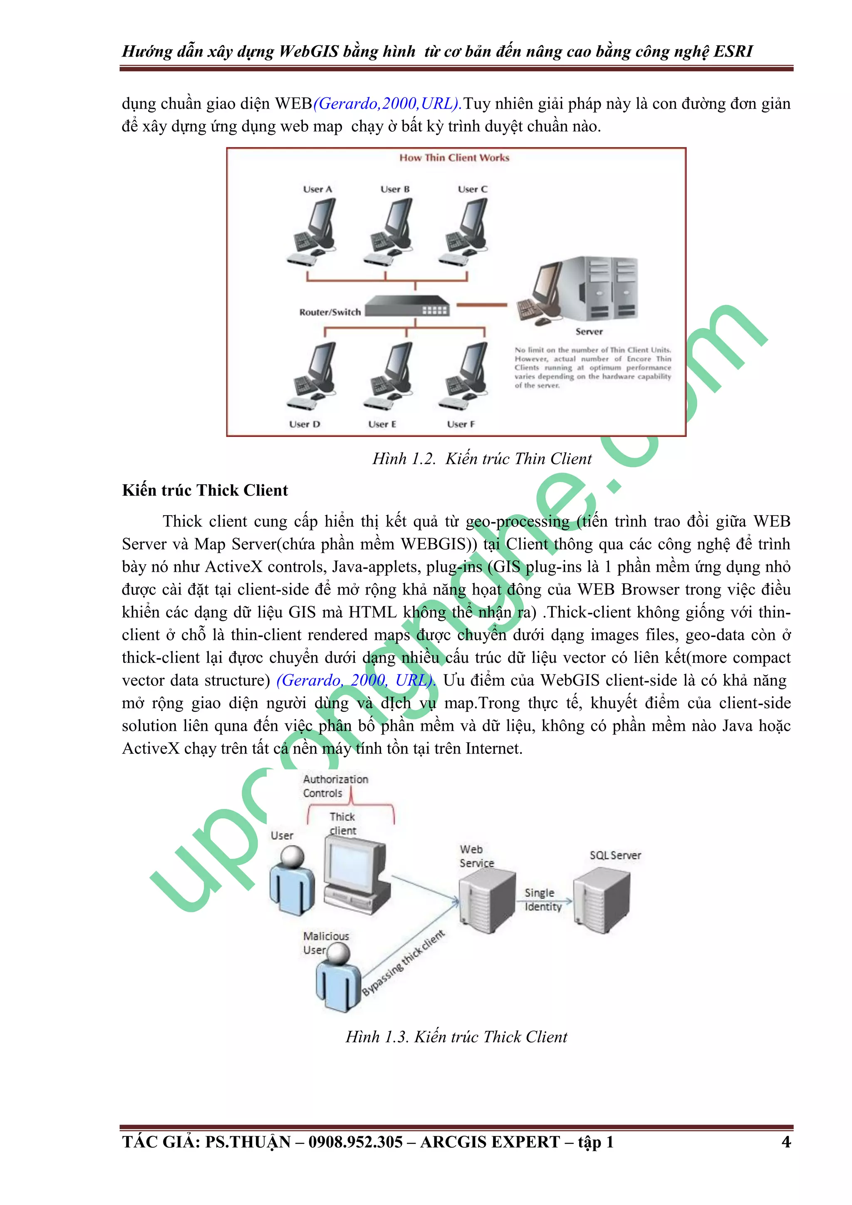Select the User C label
pos(472,189)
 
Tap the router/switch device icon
pos(407,306)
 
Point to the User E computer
pos(389,376)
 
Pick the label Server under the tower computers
pos(589,332)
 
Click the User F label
pos(461,424)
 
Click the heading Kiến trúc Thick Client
pos(205,490)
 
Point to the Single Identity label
pos(542,900)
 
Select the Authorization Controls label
pos(335,786)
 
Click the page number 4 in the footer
pos(785,1141)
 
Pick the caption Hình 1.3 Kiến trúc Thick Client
pos(456,1036)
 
